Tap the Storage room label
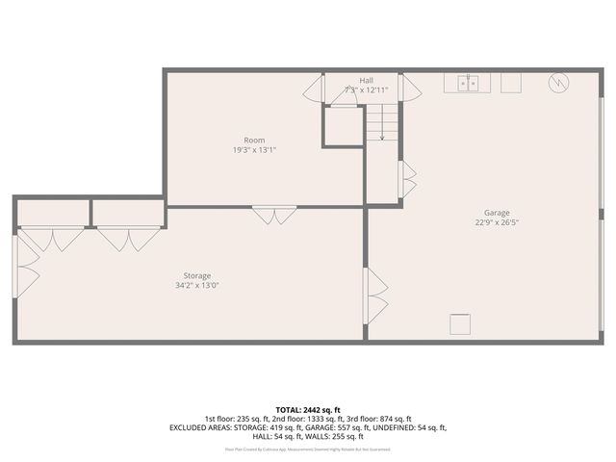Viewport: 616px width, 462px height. click(197, 275)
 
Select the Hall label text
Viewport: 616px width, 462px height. click(366, 80)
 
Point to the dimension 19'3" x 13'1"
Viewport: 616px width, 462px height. click(255, 150)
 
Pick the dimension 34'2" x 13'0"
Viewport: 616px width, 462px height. click(197, 286)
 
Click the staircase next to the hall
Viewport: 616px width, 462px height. click(382, 122)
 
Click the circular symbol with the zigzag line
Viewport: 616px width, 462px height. click(556, 83)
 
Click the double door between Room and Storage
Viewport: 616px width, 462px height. click(274, 216)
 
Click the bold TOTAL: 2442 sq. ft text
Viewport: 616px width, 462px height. click(307, 409)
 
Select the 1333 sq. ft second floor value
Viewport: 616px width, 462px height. click(303, 419)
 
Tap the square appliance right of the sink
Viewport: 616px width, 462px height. click(509, 83)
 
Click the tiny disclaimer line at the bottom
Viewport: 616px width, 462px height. click(307, 449)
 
